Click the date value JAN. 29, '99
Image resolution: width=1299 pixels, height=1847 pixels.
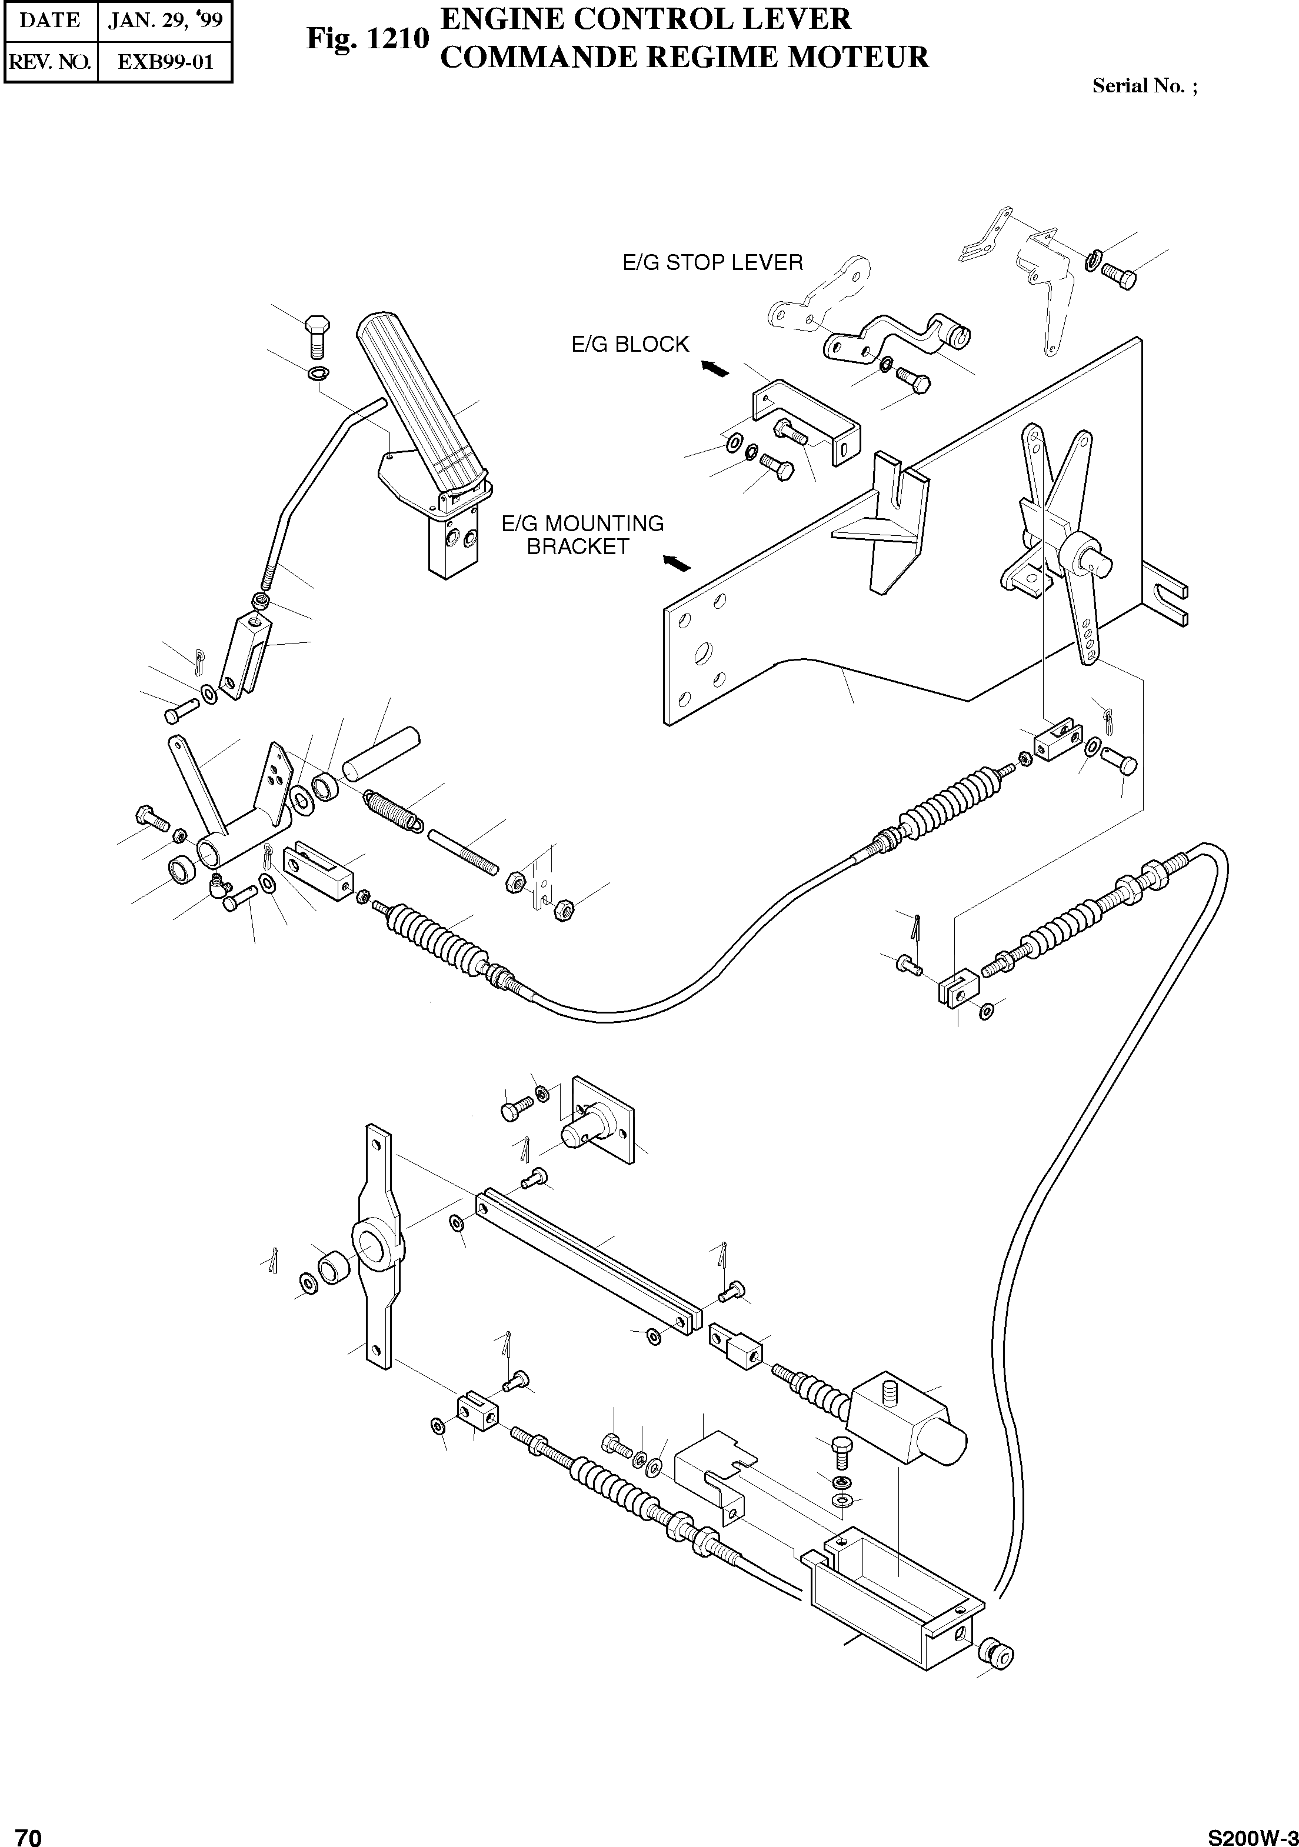coord(165,20)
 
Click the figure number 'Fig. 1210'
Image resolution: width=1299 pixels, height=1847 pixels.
coord(368,39)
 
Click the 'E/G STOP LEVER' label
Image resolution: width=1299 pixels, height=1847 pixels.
coord(712,262)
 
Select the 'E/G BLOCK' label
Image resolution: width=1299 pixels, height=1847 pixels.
coord(630,344)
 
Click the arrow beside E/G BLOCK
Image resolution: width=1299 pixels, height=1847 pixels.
coord(715,368)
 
